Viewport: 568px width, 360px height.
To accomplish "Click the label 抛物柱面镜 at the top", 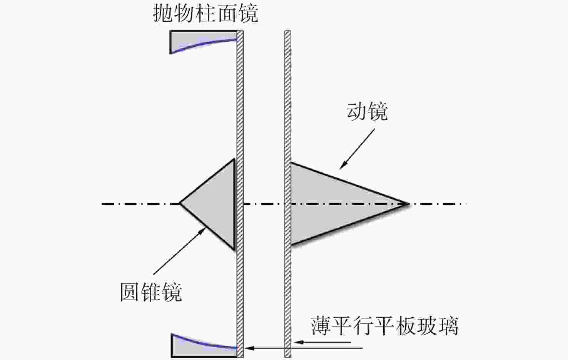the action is point(205,14).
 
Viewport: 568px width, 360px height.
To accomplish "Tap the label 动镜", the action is point(367,111).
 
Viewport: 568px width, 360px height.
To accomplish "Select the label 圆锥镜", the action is point(151,292).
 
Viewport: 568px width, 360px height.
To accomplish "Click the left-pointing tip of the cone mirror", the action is point(180,203).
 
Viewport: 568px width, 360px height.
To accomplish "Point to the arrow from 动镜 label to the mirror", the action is point(357,149).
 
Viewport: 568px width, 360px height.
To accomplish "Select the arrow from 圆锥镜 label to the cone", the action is point(180,251).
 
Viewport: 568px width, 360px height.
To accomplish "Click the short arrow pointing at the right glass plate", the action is point(322,342).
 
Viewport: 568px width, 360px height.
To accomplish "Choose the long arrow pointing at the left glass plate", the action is point(304,348).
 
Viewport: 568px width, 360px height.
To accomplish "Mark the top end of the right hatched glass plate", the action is point(287,31).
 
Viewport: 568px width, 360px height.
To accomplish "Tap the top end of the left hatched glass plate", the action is point(240,31).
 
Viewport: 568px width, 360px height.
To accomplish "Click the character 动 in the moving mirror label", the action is point(356,111).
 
